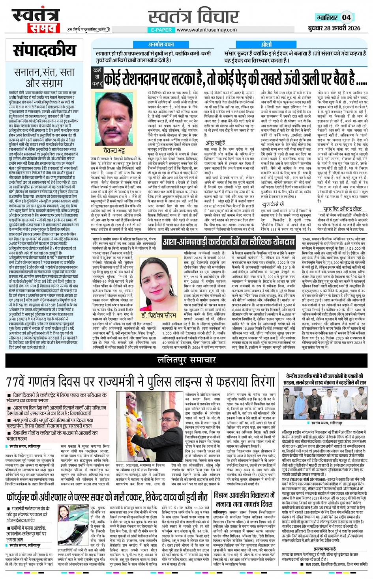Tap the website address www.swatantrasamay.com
click(206, 30)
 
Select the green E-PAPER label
click(161, 30)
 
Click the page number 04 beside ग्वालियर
click(346, 17)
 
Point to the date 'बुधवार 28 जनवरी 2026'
click(334, 28)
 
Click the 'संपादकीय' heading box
click(44, 50)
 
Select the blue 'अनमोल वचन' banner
click(161, 45)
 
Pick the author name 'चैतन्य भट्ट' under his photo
click(114, 150)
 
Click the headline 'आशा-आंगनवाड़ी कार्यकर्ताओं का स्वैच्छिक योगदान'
click(229, 242)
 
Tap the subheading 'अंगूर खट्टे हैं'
click(215, 143)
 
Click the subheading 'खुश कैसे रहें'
click(273, 204)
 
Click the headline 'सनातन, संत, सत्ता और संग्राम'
click(44, 78)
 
